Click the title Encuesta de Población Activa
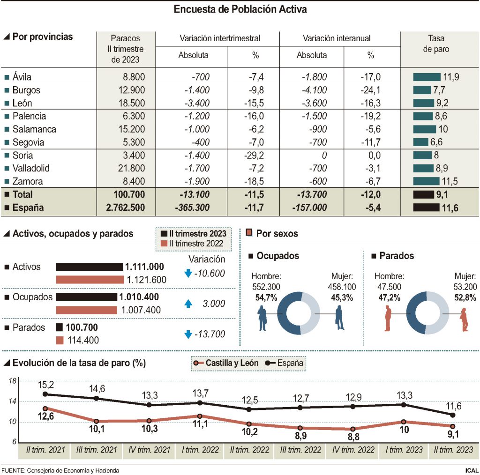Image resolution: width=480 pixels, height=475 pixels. click(x=240, y=9)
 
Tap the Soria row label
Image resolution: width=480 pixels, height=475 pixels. click(x=22, y=156)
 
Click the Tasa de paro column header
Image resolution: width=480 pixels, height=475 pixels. click(x=436, y=44)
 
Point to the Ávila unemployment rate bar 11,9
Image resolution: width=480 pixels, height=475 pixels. click(x=427, y=77)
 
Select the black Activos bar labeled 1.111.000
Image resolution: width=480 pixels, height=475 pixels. click(x=89, y=267)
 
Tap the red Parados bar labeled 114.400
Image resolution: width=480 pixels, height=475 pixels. click(x=60, y=340)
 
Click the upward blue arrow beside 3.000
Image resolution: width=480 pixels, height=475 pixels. click(x=188, y=304)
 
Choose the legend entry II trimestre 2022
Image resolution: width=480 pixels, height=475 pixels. click(x=194, y=244)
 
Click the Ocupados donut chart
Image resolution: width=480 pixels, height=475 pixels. click(x=298, y=313)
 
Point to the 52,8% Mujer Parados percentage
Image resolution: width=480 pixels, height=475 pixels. click(x=465, y=297)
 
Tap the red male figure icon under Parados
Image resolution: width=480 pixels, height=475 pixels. click(x=387, y=319)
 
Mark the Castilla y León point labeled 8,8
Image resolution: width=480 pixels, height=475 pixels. click(x=353, y=429)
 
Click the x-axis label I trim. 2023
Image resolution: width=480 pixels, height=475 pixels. click(x=405, y=450)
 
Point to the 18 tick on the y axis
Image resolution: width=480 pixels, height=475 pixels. click(x=13, y=381)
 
